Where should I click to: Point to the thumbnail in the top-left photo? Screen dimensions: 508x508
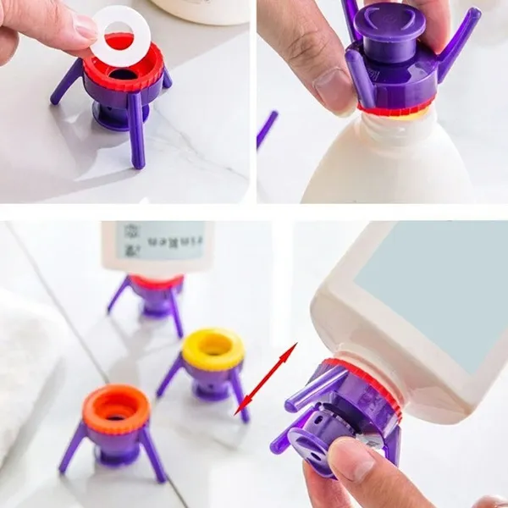[86, 27]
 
